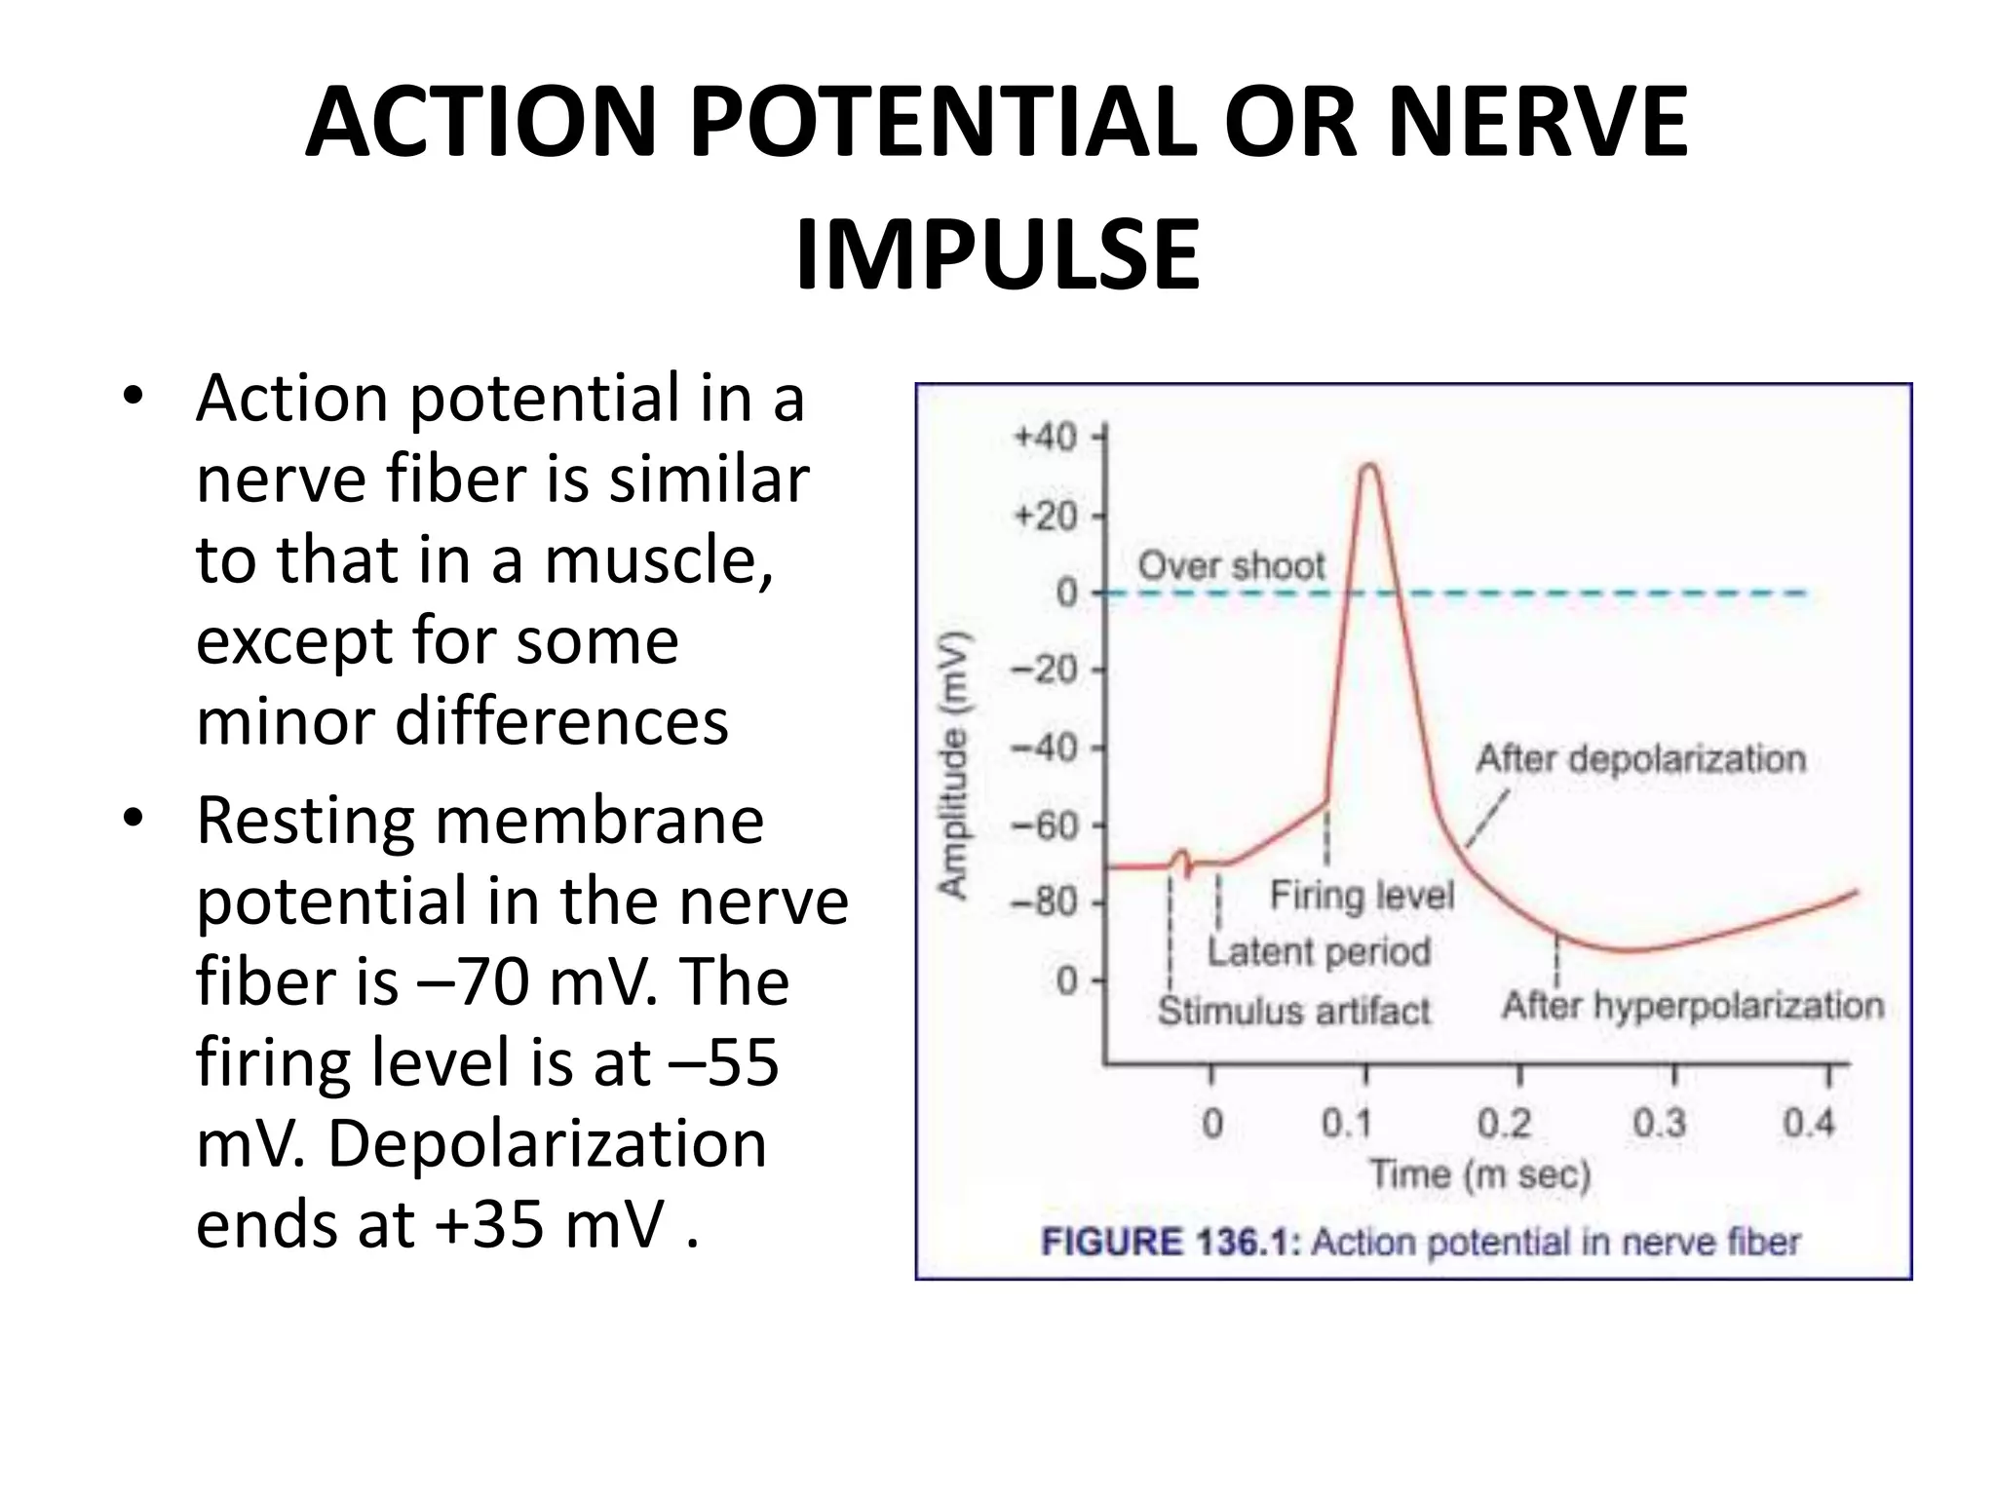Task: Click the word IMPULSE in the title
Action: click(997, 255)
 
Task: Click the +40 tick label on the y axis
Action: click(1045, 437)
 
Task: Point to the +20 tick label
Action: click(1045, 515)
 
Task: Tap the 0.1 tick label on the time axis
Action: click(1346, 1124)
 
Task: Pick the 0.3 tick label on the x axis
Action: click(1659, 1124)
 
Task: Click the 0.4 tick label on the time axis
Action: click(1809, 1124)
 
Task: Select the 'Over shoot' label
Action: click(1231, 565)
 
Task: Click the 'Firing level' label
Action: click(1362, 895)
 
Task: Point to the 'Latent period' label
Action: click(1319, 951)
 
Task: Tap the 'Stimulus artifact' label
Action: click(1293, 1011)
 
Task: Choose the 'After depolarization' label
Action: click(1640, 758)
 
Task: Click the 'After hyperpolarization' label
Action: click(1692, 1005)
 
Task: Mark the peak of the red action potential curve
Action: click(1369, 466)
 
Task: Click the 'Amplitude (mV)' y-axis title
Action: click(954, 765)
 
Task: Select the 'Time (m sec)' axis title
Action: click(1479, 1174)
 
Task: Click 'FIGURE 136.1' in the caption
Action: click(1170, 1243)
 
